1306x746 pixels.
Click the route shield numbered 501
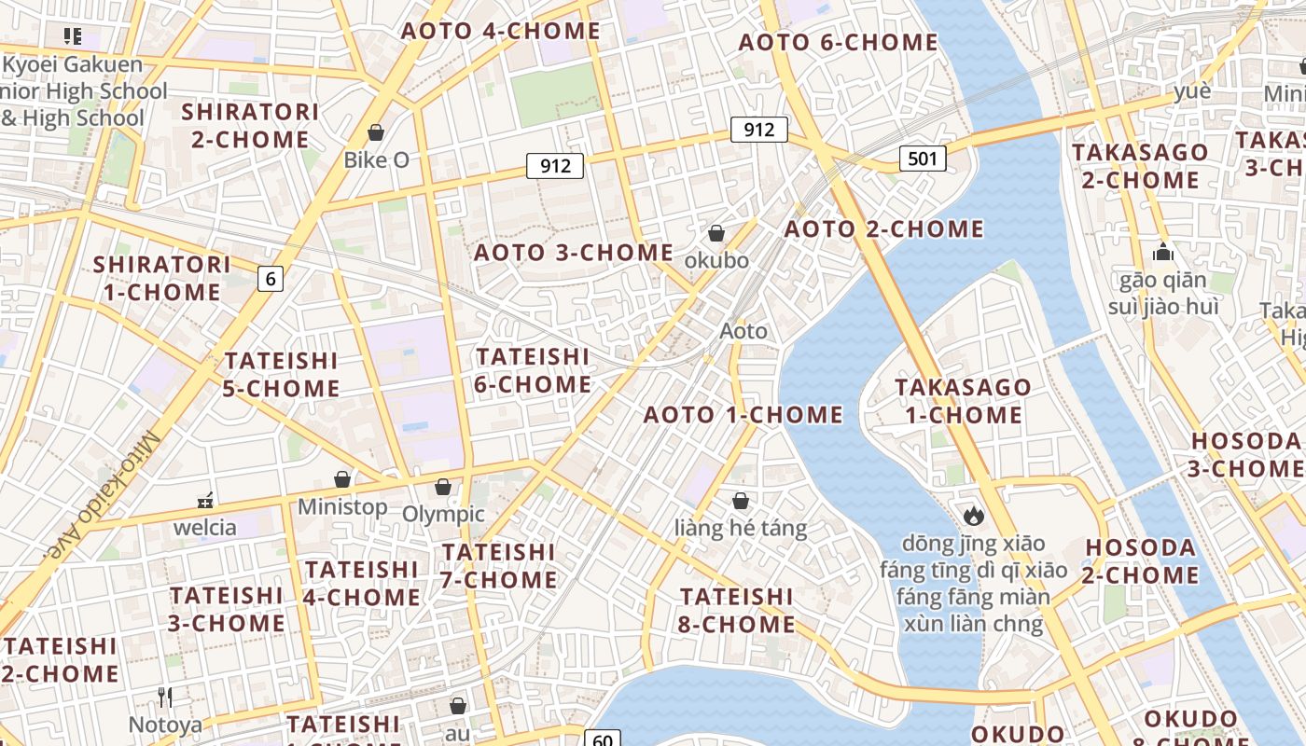[x=923, y=159]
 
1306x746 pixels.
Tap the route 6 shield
[x=271, y=278]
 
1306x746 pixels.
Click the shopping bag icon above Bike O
[x=376, y=132]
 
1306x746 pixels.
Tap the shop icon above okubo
[x=716, y=233]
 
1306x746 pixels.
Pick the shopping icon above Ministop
[x=342, y=479]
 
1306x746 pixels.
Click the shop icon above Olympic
[x=443, y=487]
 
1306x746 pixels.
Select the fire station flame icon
[x=974, y=515]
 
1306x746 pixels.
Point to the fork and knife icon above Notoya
[x=165, y=697]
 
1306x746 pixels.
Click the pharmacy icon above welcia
[x=205, y=501]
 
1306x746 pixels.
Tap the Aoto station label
[x=743, y=331]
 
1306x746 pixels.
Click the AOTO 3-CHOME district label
[x=574, y=253]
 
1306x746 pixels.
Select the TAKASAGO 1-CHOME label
[x=964, y=401]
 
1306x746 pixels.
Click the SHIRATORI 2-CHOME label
[x=250, y=125]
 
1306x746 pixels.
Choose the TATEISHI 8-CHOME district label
[x=737, y=610]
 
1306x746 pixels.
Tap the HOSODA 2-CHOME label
[x=1140, y=561]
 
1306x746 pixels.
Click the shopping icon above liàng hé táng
[x=741, y=501]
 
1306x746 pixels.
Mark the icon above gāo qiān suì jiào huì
[x=1162, y=252]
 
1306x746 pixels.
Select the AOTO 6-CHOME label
[x=838, y=42]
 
